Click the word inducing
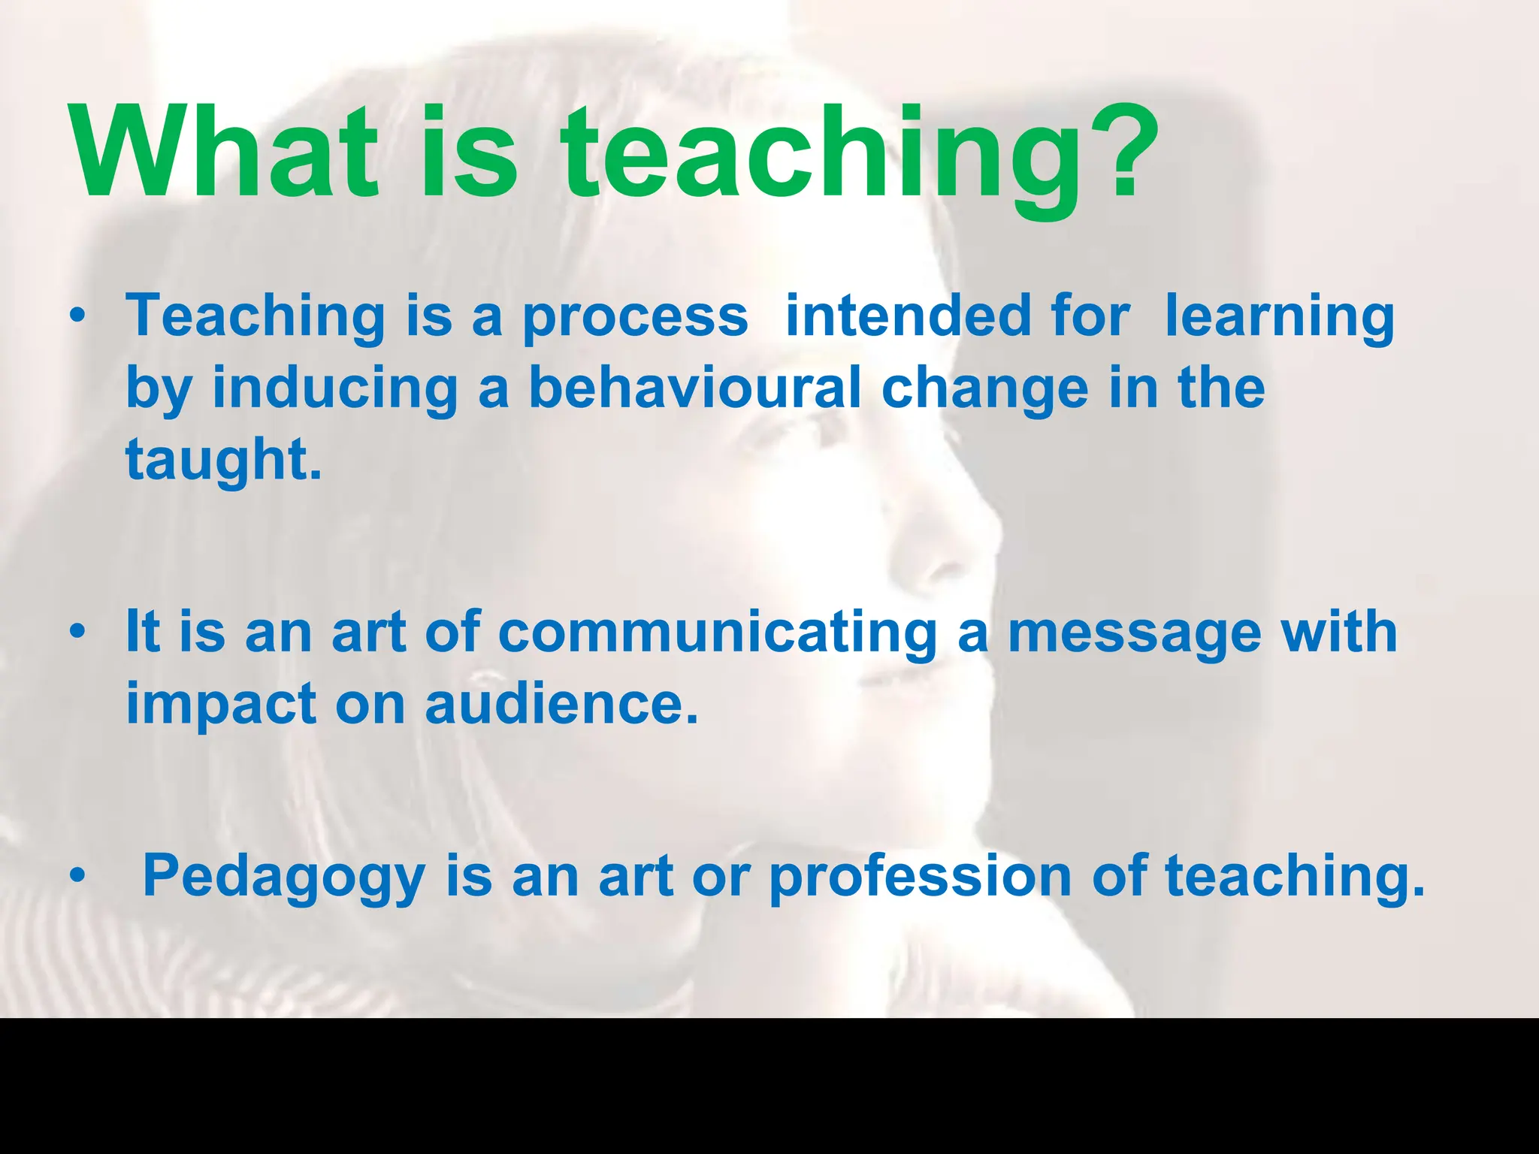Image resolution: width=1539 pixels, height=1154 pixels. point(335,390)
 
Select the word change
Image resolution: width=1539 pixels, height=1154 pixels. point(984,390)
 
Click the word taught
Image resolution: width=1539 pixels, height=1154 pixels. point(223,461)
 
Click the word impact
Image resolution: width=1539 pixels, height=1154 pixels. point(221,705)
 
